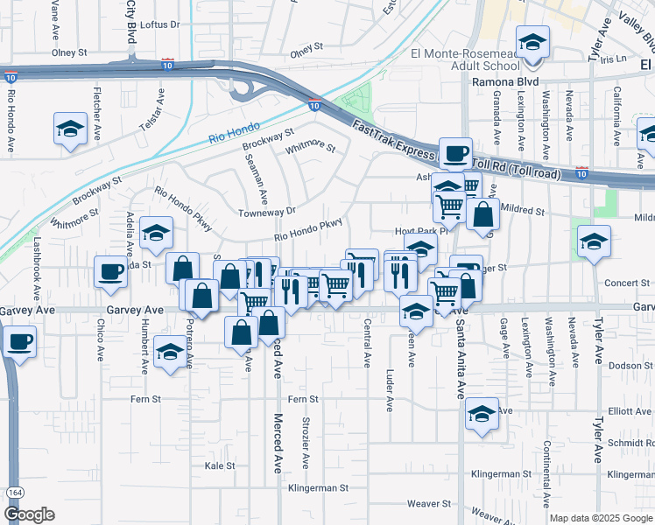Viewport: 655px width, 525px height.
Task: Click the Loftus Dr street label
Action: pos(159,24)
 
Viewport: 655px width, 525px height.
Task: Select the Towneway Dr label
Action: pos(267,211)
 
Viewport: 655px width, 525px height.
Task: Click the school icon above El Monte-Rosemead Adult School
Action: pos(532,41)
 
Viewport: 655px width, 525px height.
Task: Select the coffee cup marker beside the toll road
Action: pos(454,153)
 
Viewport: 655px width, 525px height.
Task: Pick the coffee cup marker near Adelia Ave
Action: pos(112,270)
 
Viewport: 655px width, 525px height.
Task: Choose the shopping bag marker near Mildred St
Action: pos(482,213)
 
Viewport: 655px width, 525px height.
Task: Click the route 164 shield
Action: pos(14,493)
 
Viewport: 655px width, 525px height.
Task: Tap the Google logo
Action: pos(29,514)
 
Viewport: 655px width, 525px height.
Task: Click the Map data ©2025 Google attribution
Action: pos(600,518)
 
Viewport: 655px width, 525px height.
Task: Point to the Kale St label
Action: pos(220,465)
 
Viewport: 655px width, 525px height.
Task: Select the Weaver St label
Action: pos(434,503)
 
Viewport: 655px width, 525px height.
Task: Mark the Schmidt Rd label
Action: pos(631,444)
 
